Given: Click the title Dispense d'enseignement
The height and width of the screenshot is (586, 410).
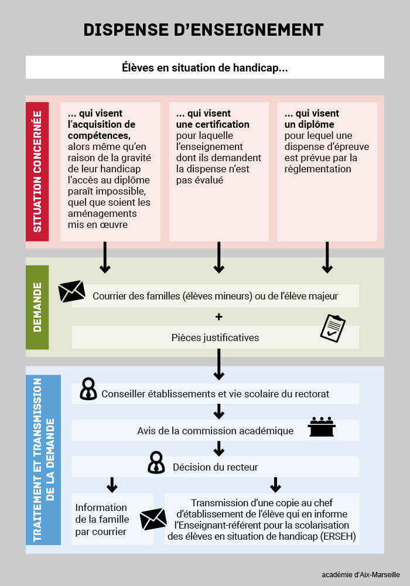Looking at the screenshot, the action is (203, 30).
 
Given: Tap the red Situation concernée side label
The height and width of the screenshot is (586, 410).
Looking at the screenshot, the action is (37, 172).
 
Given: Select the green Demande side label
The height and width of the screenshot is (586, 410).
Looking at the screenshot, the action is (37, 307).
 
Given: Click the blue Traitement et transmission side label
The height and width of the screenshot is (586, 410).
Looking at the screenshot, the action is (43, 459).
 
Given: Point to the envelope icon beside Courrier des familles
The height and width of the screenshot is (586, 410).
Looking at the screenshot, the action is (71, 291).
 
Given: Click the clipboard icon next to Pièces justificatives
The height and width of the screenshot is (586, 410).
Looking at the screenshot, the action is (333, 328).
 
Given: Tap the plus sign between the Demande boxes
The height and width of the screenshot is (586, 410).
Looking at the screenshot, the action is (219, 317).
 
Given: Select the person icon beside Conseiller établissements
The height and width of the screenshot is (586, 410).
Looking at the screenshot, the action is (88, 389).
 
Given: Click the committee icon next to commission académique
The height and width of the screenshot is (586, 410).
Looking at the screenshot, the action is (322, 427).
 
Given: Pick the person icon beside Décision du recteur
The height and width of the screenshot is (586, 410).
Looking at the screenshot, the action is (156, 463).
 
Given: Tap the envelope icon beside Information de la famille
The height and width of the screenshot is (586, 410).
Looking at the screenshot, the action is (153, 519).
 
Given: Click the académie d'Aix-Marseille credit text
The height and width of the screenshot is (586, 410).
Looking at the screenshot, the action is (361, 575).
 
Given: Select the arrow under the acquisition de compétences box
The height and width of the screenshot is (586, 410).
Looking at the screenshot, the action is (105, 257).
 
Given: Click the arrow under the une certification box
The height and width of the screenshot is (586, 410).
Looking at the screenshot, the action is (219, 257).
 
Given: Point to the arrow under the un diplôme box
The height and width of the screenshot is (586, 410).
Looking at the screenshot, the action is (327, 257).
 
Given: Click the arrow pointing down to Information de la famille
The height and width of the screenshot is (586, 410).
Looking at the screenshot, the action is (112, 485).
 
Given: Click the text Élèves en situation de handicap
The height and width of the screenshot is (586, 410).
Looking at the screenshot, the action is (204, 67).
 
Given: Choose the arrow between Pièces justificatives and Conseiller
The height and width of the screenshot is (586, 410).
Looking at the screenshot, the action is (219, 364).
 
